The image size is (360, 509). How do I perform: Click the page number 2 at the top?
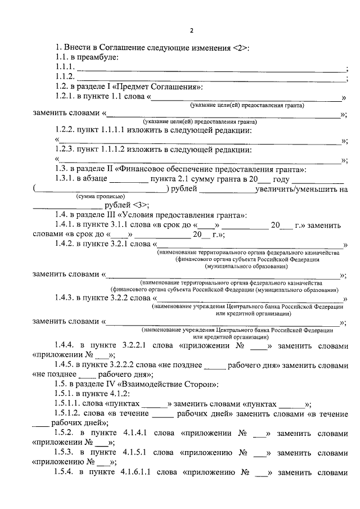[x=191, y=30]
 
